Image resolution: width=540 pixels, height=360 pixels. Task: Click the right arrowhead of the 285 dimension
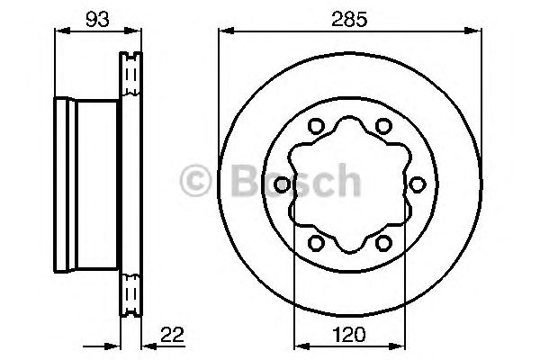pyautogui.click(x=470, y=32)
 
